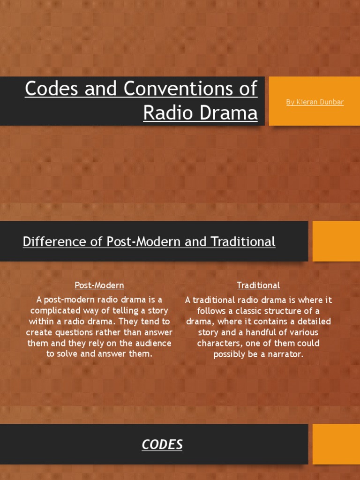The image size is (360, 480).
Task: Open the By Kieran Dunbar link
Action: point(315,102)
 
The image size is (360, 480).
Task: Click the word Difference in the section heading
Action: point(52,242)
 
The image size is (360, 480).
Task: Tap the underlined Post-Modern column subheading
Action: point(99,285)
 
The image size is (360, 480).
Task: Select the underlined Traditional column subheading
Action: point(258,285)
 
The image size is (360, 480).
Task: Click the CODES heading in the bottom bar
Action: point(162,444)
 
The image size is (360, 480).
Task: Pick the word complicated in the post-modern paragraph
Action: point(55,311)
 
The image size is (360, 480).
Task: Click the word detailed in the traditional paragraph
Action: point(312,322)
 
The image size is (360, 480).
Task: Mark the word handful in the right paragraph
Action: point(249,332)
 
